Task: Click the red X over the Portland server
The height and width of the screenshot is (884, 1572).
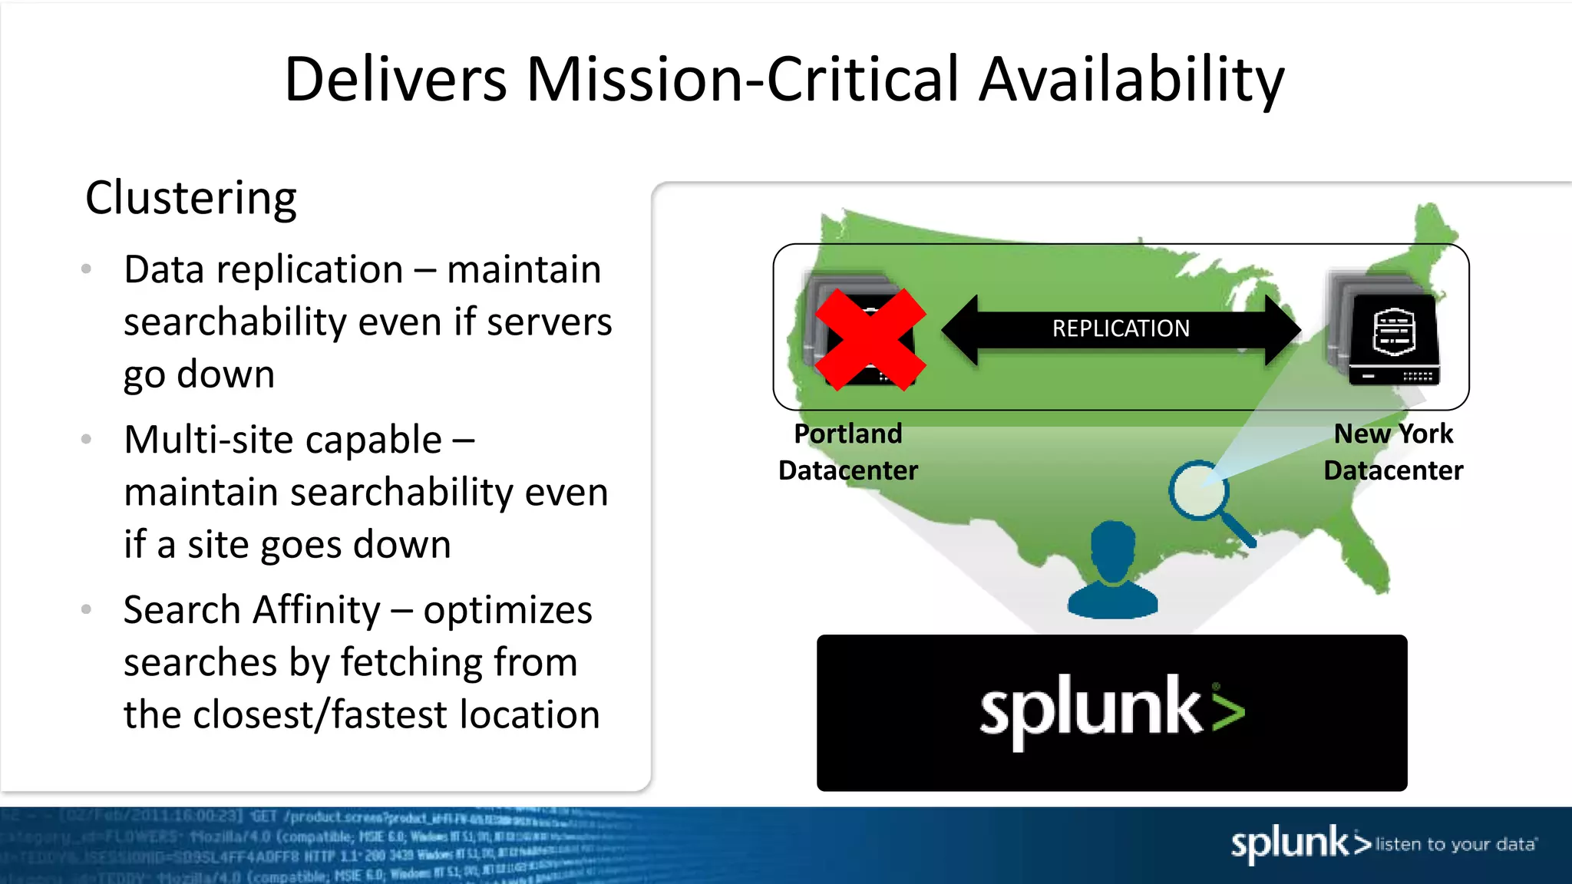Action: pyautogui.click(x=870, y=339)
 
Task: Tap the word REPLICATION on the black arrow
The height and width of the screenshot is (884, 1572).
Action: pyautogui.click(x=1121, y=328)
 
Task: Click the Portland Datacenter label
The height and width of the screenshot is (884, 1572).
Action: pyautogui.click(x=848, y=452)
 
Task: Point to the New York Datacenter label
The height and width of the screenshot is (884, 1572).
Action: pyautogui.click(x=1393, y=452)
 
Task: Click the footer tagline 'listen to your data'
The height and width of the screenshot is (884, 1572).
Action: pyautogui.click(x=1455, y=844)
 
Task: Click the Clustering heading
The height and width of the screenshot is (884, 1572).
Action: pyautogui.click(x=190, y=198)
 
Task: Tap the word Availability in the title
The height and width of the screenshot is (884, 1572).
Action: pyautogui.click(x=1131, y=80)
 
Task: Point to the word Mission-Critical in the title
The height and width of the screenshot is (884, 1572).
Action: pyautogui.click(x=743, y=80)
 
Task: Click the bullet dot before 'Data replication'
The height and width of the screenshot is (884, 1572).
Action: pyautogui.click(x=87, y=269)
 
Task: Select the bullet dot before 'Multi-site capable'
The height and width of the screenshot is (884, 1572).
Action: pyautogui.click(x=87, y=439)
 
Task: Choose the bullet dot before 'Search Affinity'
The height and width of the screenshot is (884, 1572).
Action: pyautogui.click(x=87, y=609)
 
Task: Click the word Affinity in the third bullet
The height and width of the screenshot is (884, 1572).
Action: pyautogui.click(x=316, y=611)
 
